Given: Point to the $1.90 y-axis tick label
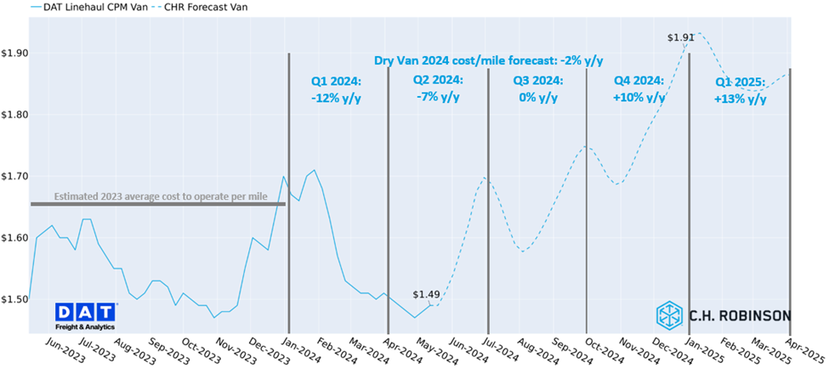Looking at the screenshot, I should point(14,53).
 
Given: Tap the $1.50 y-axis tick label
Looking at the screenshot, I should point(14,299).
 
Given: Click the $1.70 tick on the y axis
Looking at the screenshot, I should point(14,176).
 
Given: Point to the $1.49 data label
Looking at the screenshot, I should point(426,295).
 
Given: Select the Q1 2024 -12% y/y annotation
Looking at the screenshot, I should point(337,89).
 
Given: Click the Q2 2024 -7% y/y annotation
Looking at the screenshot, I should point(437,88).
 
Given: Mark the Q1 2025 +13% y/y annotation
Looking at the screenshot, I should point(741,91).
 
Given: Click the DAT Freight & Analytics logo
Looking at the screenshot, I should point(86,315).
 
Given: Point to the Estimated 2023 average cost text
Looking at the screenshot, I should point(161,196).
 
